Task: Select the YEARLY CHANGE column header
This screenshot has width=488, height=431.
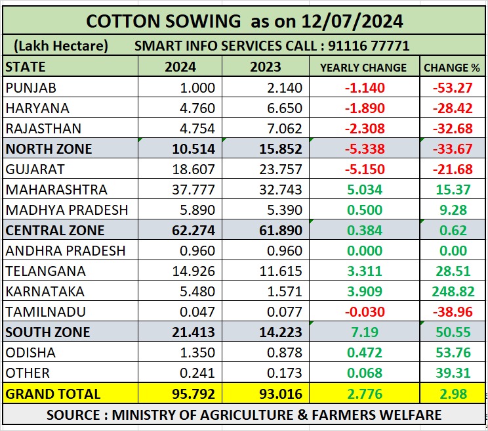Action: [363, 67]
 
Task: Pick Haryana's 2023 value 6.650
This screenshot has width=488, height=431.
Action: [281, 108]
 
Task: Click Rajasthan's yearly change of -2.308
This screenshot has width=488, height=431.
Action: [363, 128]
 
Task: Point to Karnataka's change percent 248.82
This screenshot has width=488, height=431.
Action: [450, 291]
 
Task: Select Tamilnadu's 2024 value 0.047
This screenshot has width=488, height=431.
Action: [197, 311]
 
